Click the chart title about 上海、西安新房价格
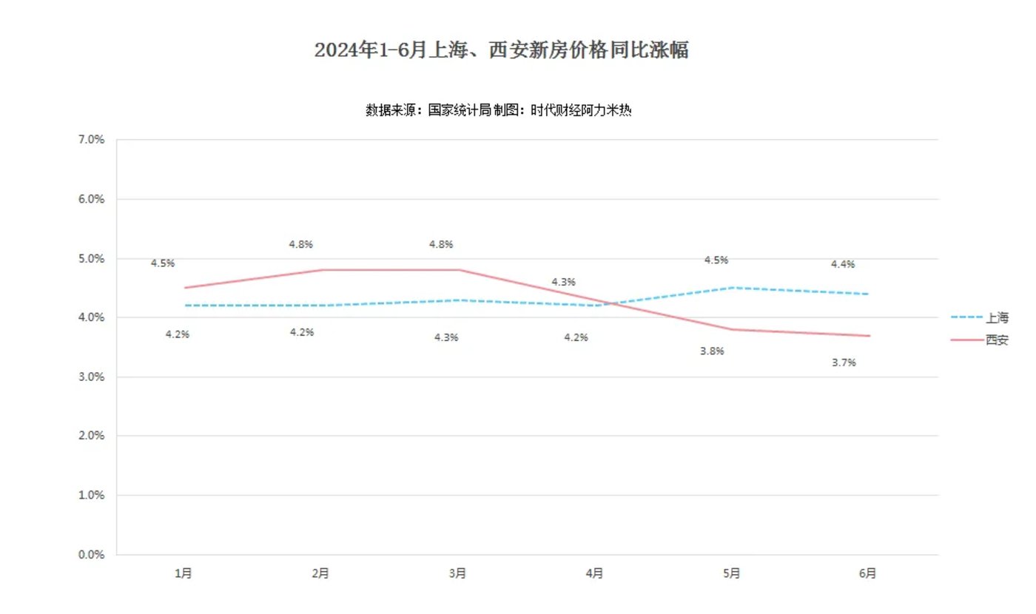pos(502,50)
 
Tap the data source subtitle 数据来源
pos(497,110)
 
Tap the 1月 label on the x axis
pos(184,573)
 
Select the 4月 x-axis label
pos(595,573)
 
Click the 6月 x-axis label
pos(869,573)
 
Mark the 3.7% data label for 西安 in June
pos(844,362)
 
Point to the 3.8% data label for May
pos(712,351)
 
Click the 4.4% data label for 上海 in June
pos(843,264)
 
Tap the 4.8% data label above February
pos(301,244)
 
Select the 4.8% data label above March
pos(441,244)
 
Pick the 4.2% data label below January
pos(178,334)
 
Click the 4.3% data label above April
pos(564,282)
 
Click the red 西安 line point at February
pos(321,270)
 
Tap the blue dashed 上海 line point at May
pos(732,288)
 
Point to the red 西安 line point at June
pos(869,336)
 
